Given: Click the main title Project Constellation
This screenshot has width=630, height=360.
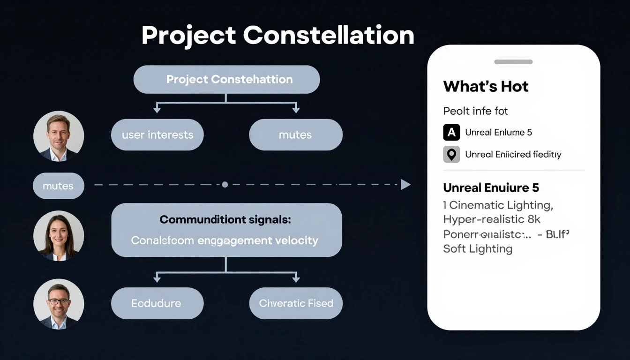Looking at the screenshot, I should pos(277,36).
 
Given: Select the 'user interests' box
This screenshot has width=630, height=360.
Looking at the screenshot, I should pos(157,135).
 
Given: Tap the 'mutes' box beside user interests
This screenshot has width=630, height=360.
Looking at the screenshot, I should pos(295,135).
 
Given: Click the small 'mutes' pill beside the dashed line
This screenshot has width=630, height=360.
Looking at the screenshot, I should pos(58,186).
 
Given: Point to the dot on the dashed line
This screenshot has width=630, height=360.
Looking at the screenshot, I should pos(225,185).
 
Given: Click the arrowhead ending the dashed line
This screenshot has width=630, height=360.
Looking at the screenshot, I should pos(405,185).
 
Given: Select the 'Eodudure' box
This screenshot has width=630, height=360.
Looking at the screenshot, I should pos(157,303).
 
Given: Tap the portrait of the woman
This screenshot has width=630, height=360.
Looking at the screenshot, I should pos(59,236).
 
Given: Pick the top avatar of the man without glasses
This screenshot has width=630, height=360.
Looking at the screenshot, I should pos(59,136).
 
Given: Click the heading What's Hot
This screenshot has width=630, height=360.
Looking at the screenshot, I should pos(486,87).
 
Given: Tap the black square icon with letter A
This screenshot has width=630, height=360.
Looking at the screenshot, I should pos(451,133).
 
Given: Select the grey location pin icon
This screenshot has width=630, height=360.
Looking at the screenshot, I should pos(451,154).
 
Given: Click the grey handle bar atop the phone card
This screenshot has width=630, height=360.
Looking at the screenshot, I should pos(513,62).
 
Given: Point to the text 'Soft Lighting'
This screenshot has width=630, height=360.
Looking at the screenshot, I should pos(478,249).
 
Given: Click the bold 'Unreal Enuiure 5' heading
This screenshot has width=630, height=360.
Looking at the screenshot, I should pos(491,188).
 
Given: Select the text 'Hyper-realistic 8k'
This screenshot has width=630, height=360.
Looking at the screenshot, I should pos(492,219).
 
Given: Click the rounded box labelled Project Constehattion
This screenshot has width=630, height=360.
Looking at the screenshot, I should pos(226,79).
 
